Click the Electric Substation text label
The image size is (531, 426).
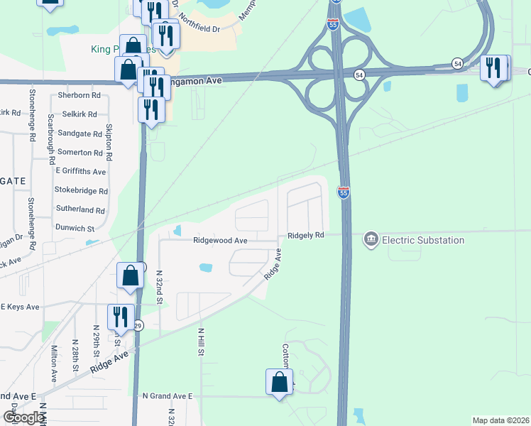[x=424, y=240]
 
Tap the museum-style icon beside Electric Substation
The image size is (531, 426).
[x=371, y=240]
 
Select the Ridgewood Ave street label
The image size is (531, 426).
[x=220, y=241]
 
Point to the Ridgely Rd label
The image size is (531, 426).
[x=305, y=235]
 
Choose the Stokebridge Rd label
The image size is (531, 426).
[x=81, y=191]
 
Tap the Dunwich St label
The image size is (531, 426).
[x=75, y=229]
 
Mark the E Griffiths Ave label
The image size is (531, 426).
[x=81, y=172]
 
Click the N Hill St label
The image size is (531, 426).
[x=202, y=342]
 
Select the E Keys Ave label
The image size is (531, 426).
[x=19, y=307]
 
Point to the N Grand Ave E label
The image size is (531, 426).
[x=168, y=395]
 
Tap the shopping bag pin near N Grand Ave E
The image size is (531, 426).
[x=280, y=382]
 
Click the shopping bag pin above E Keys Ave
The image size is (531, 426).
[x=131, y=277]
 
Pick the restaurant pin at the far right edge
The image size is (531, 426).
[x=494, y=68]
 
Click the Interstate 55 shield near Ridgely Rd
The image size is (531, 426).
[x=344, y=192]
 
